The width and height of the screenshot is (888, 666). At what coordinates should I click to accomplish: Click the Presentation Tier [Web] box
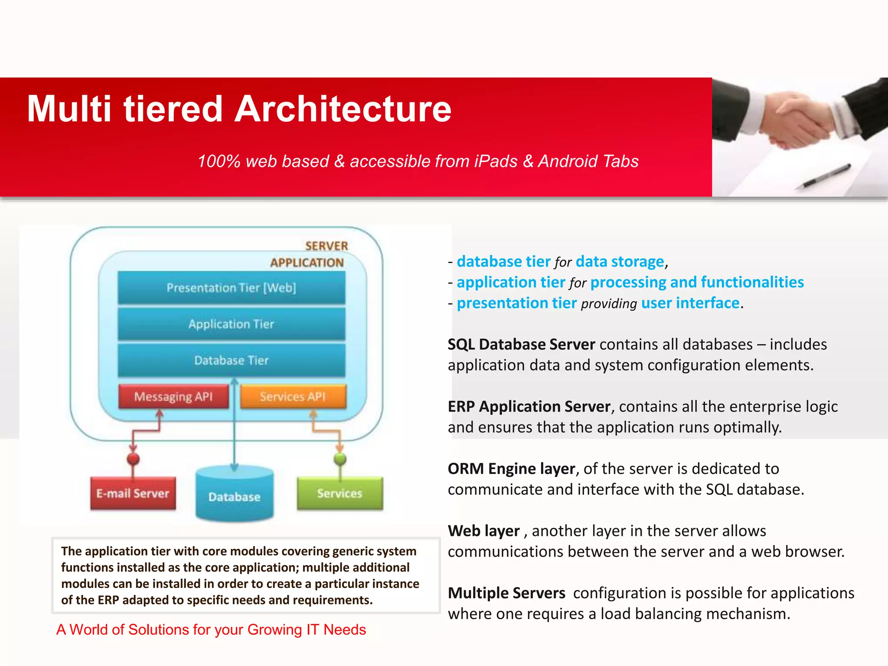coord(232,287)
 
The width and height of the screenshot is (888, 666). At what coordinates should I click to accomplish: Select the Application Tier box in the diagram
coord(232,324)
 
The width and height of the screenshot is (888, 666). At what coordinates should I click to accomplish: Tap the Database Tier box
coord(232,360)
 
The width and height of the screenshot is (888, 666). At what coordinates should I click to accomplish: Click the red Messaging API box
coord(173,396)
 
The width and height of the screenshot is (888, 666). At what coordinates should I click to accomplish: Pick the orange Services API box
coord(293,396)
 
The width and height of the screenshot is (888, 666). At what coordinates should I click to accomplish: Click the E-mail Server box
coord(133,493)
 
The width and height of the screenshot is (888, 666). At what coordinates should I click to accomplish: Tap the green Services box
coord(340,493)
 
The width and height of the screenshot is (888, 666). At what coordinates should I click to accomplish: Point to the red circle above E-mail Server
coord(133,459)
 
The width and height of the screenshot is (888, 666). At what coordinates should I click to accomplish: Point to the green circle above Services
coord(340,459)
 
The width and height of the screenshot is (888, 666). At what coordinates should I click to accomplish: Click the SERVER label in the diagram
coord(326,246)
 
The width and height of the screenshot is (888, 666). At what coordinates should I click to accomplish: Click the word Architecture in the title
coord(343,109)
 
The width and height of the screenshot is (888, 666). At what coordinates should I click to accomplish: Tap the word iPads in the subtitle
coord(496,161)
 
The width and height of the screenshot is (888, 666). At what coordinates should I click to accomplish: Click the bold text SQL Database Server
coord(521,344)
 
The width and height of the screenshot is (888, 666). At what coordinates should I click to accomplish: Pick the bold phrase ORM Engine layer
coord(511,469)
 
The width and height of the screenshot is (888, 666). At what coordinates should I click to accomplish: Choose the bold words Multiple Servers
coord(506,593)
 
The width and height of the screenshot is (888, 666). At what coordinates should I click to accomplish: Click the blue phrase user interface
coord(690,303)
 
